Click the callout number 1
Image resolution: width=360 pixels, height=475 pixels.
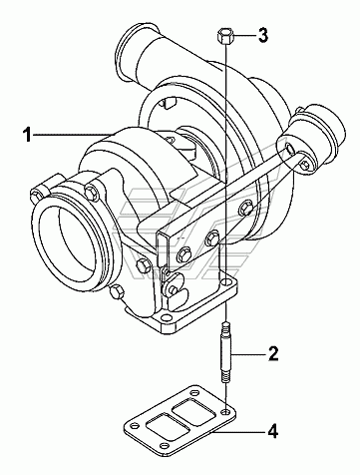click(x=27, y=136)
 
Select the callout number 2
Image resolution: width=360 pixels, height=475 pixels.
click(x=273, y=353)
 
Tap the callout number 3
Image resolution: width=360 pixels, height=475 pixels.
click(x=263, y=35)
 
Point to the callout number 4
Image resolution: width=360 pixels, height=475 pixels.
click(x=272, y=431)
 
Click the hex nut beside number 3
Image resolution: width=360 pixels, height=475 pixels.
click(x=224, y=36)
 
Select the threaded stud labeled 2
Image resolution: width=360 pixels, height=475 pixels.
click(x=225, y=352)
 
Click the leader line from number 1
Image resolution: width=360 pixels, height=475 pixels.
click(x=72, y=134)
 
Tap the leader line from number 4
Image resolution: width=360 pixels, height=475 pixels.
click(x=239, y=433)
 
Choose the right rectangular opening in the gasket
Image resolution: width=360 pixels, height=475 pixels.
click(x=195, y=411)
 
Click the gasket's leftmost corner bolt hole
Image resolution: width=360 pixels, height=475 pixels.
click(x=134, y=426)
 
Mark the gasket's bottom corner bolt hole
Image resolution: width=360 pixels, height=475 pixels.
click(x=165, y=446)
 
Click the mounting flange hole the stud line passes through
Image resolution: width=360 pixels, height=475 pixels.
click(x=226, y=282)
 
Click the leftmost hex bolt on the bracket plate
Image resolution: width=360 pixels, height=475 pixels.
click(x=184, y=254)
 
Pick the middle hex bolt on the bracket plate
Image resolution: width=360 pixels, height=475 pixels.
click(x=211, y=237)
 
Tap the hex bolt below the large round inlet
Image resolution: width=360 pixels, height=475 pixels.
click(x=117, y=291)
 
